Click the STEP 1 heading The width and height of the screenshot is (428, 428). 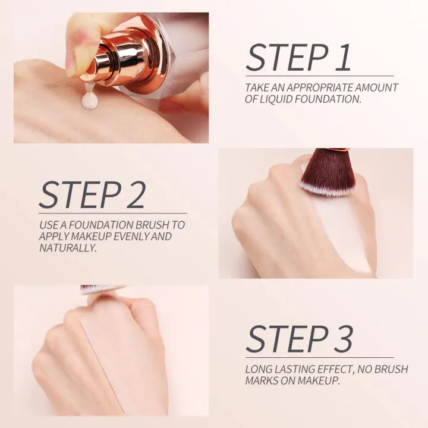pos(298,58)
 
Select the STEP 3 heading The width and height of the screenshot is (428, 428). pos(299,339)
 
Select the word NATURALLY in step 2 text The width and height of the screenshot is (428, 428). pos(67,247)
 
